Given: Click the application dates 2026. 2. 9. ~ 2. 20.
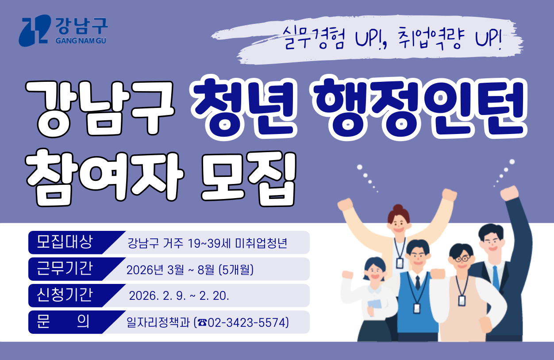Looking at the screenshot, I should point(179,296).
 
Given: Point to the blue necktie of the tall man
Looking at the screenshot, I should point(496,276).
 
